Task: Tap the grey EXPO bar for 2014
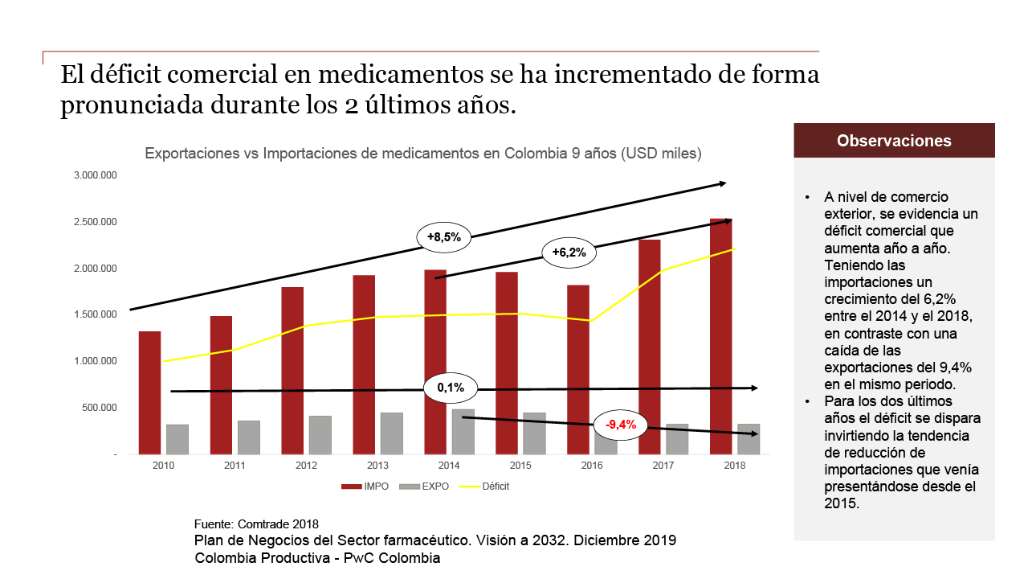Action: [463, 432]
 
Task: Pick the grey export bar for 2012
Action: [320, 435]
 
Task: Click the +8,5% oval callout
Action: [443, 237]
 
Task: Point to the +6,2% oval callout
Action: [569, 252]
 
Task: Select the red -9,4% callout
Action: [620, 425]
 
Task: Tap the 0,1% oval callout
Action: [451, 388]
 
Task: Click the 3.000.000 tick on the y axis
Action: [96, 175]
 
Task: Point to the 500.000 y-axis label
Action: [100, 408]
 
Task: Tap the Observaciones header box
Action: [894, 141]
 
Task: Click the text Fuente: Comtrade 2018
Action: [257, 524]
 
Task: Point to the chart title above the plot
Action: [423, 153]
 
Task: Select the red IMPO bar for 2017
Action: [650, 347]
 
